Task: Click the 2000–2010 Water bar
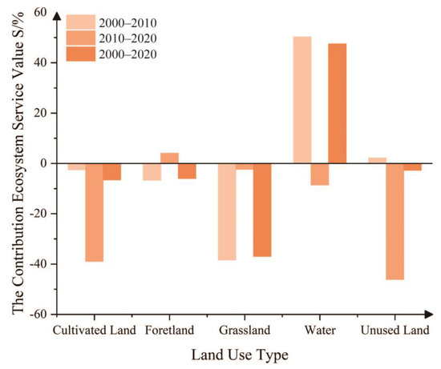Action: point(302,100)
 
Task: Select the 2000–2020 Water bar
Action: point(337,103)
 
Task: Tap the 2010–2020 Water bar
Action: point(320,174)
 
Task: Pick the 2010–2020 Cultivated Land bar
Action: point(94,212)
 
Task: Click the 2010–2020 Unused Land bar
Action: point(394,221)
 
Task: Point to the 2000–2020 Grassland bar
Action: point(262,210)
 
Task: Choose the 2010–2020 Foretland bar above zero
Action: point(169,158)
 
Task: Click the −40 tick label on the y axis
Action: point(34,264)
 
